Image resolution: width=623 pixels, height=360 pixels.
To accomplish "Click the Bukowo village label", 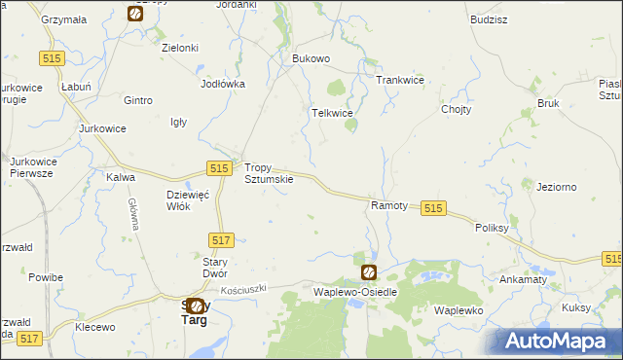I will click(x=311, y=58).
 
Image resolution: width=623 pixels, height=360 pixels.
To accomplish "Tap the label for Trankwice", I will click(x=400, y=80).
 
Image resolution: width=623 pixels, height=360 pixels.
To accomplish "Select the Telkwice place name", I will click(x=331, y=113).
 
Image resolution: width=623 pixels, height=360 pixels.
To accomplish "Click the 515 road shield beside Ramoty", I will click(x=434, y=208).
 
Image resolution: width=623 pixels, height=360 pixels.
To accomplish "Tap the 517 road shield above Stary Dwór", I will click(x=220, y=239).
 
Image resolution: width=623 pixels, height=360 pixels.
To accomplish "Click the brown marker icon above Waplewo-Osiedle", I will click(x=369, y=272).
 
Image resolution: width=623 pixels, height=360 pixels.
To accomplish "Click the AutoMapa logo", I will click(x=559, y=341).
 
